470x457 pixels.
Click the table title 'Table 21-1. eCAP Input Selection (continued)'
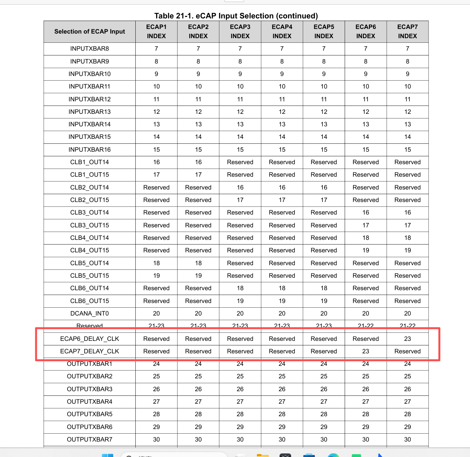pos(236,16)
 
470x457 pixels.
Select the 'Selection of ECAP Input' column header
pos(90,32)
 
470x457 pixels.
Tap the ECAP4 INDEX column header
pos(282,32)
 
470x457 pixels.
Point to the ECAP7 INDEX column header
pos(407,32)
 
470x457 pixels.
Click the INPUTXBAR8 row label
pos(90,49)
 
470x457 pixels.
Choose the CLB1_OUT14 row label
pos(90,162)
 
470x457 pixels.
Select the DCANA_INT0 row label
pos(90,314)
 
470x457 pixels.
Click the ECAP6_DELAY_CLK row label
pos(90,339)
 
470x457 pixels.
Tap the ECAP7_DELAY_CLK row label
pos(90,351)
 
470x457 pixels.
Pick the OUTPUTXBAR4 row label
pos(90,402)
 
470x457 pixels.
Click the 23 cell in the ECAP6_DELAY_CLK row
pos(407,339)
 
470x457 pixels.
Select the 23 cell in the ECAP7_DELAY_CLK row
pos(366,351)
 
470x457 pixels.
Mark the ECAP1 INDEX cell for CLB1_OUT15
pos(156,175)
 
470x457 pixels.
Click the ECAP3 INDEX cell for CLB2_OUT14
pos(240,188)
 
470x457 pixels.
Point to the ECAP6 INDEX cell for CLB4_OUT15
pos(366,250)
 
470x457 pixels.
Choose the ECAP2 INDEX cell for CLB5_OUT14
pos(198,263)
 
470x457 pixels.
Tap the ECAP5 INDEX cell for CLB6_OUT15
pos(324,301)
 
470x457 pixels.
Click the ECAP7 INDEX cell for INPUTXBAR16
pos(407,150)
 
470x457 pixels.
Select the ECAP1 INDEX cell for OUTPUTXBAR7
pos(156,440)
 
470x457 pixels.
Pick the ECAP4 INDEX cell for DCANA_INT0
pos(282,314)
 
